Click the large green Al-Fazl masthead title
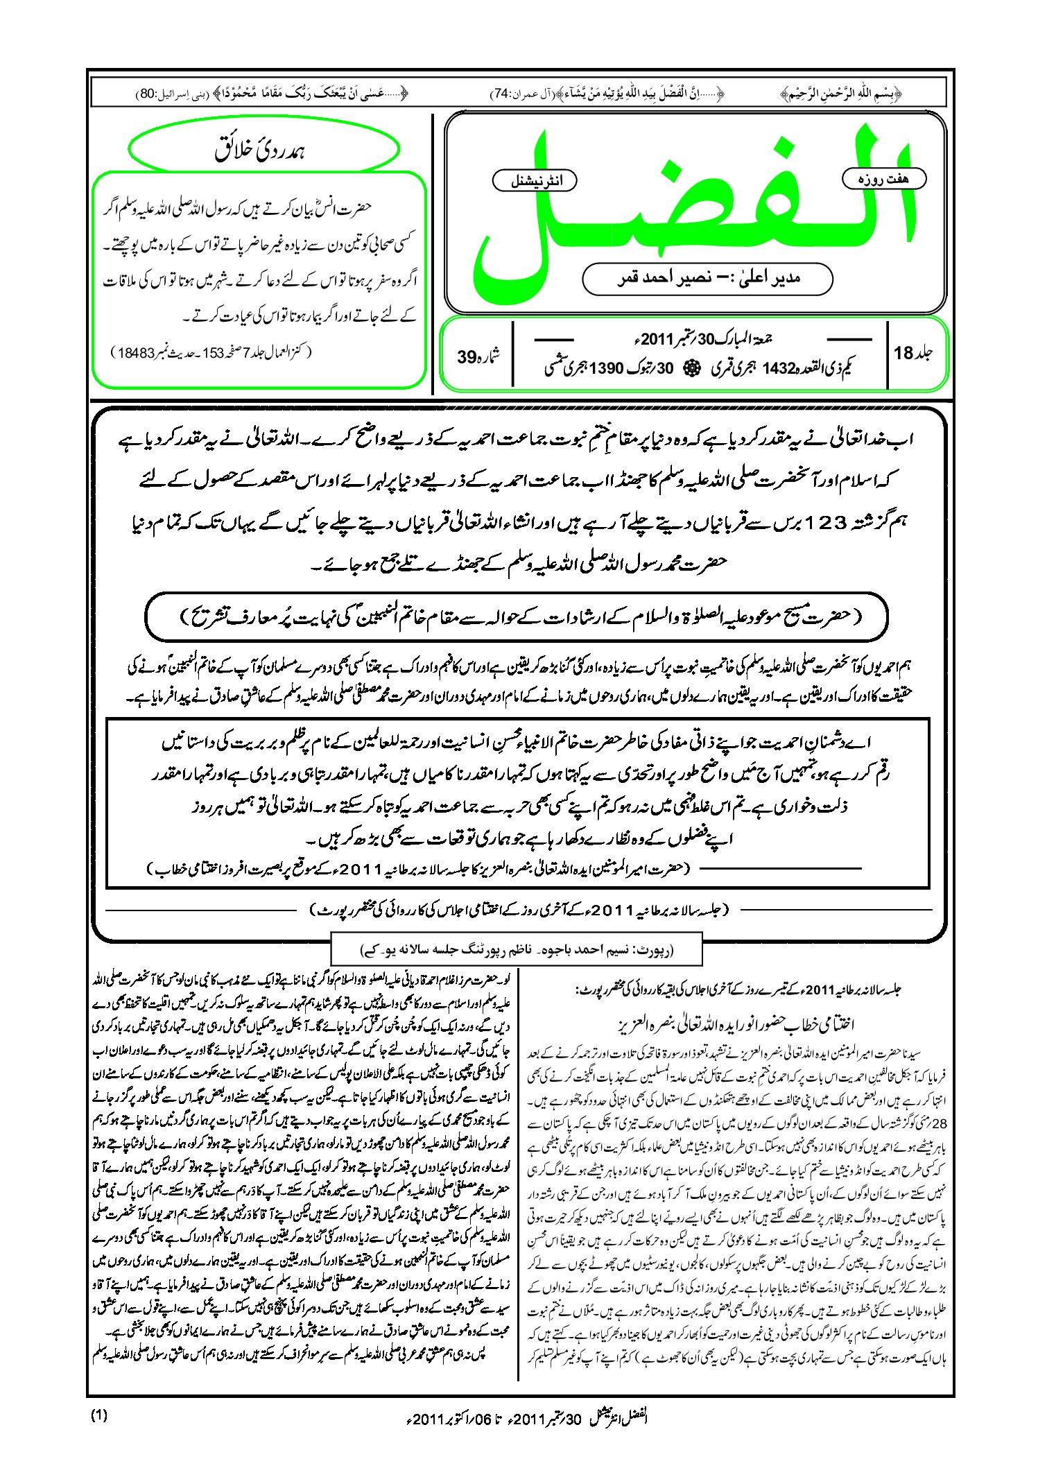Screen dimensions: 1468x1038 [693, 208]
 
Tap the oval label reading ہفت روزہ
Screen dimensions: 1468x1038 [883, 179]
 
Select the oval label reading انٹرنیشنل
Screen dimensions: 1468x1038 [535, 181]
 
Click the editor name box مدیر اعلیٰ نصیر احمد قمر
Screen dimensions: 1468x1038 [707, 279]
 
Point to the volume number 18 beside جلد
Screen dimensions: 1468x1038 [903, 354]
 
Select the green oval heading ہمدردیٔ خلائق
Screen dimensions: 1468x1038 [264, 149]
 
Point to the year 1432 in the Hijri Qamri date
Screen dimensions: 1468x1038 [777, 369]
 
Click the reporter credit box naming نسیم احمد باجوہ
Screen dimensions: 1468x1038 [517, 949]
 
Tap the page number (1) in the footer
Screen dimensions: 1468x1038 [99, 1415]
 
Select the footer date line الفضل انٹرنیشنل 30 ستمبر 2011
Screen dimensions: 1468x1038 [527, 1418]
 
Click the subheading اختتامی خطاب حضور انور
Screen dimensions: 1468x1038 [735, 1024]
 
